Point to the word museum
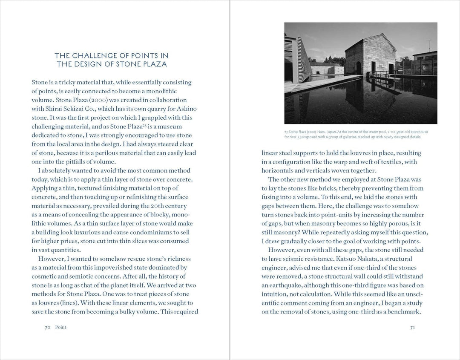pyautogui.click(x=182, y=127)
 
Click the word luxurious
pyautogui.click(x=96, y=232)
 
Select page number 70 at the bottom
pyautogui.click(x=48, y=327)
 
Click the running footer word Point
pyautogui.click(x=61, y=327)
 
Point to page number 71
pyautogui.click(x=412, y=327)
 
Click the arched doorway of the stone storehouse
pyautogui.click(x=359, y=68)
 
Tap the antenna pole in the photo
pyautogui.click(x=429, y=45)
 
